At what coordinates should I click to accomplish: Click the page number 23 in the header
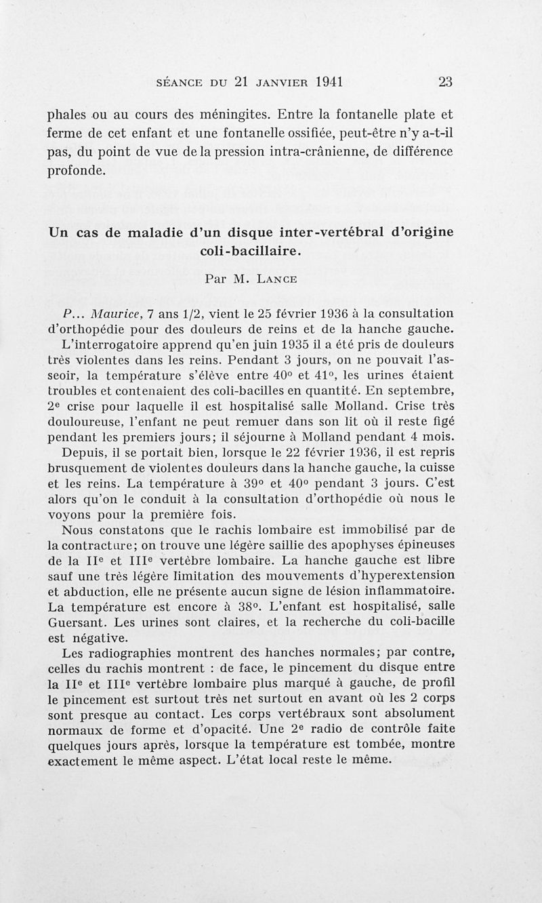[445, 82]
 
